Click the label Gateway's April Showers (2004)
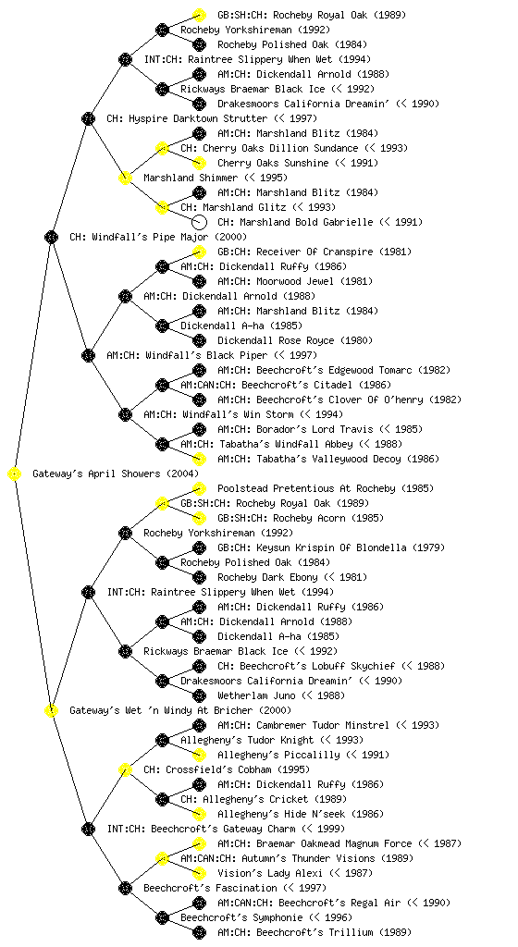[x=116, y=473]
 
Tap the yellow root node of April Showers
[x=15, y=474]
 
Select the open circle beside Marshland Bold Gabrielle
[x=199, y=222]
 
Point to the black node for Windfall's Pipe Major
[x=51, y=238]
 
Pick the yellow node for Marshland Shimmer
[x=125, y=178]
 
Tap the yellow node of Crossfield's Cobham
[x=125, y=770]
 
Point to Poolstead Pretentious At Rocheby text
[x=306, y=488]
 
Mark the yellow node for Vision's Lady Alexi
[x=199, y=873]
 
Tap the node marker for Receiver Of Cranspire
[x=199, y=252]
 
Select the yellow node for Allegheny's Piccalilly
[x=199, y=755]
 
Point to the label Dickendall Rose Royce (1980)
[x=295, y=340]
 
